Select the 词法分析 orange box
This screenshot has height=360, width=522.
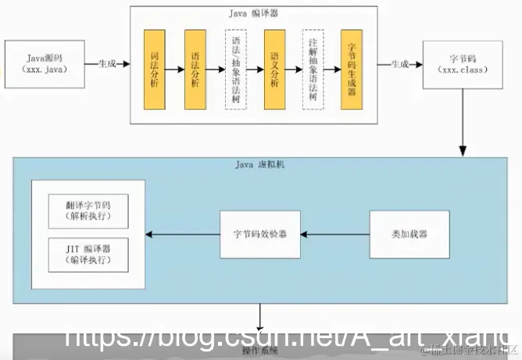click(x=154, y=70)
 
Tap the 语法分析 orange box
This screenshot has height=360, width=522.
click(x=195, y=70)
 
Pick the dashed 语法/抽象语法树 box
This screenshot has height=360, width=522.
click(x=235, y=70)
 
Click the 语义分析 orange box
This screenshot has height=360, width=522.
click(x=274, y=70)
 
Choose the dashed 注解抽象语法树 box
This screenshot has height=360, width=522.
click(x=313, y=70)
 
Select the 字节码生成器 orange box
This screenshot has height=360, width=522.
click(x=352, y=70)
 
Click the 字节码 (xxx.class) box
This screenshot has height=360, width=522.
click(x=463, y=64)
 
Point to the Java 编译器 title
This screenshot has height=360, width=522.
click(x=254, y=14)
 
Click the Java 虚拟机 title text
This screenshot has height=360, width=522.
click(x=263, y=165)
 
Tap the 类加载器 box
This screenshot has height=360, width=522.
click(x=409, y=233)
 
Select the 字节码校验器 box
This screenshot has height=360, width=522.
click(x=260, y=233)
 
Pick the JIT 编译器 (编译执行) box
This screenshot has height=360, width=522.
click(x=88, y=255)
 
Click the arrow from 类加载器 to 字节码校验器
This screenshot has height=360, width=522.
click(x=335, y=233)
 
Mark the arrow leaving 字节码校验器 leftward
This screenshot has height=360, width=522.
click(x=184, y=233)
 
